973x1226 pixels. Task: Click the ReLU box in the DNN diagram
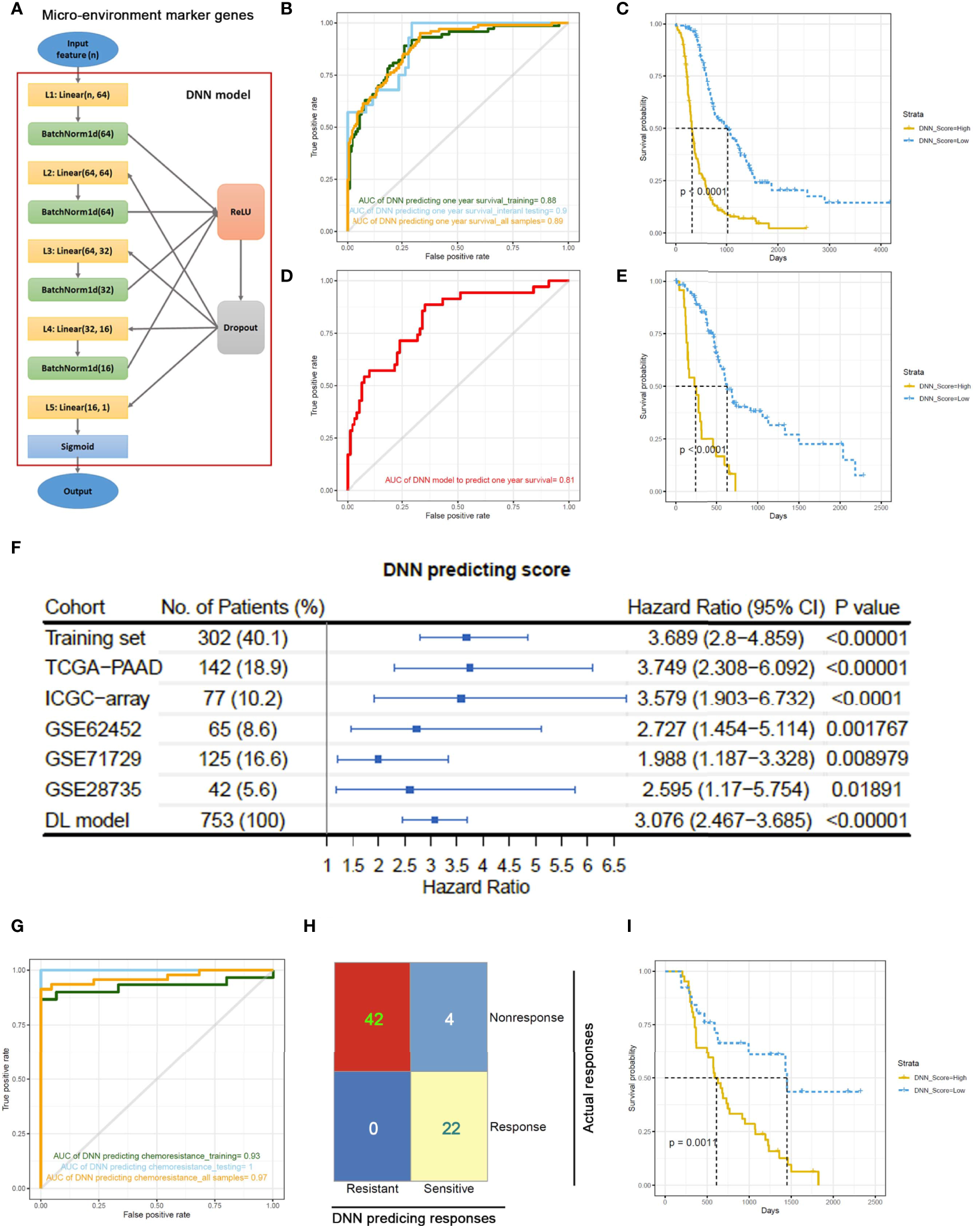click(240, 212)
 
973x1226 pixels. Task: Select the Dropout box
click(240, 328)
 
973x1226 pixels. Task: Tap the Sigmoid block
click(78, 447)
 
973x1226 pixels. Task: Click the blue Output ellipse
click(78, 491)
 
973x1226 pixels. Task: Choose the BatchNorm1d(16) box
click(78, 368)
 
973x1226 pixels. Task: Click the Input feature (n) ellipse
click(78, 49)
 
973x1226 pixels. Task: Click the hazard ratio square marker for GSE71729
click(378, 759)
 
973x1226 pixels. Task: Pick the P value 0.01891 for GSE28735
click(866, 790)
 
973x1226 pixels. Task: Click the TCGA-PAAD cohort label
click(103, 668)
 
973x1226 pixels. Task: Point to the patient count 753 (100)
click(243, 820)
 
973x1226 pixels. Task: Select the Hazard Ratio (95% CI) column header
click(725, 607)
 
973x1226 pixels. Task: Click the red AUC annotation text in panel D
click(480, 480)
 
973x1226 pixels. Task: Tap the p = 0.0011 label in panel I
click(693, 1142)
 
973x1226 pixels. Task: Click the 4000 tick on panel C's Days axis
click(880, 250)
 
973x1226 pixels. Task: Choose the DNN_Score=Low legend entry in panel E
click(944, 399)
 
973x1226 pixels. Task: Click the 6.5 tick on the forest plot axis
click(614, 866)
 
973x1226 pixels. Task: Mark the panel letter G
click(17, 926)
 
